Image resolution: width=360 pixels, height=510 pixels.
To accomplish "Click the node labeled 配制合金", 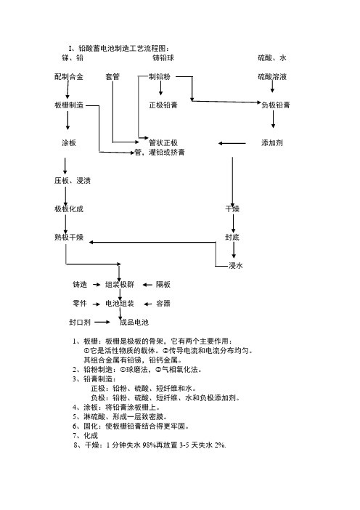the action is point(69,77).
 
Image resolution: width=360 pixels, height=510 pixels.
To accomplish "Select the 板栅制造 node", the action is point(69,105).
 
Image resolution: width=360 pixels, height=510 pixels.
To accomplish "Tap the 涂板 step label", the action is point(69,143).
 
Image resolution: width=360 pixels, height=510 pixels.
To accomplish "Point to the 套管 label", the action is point(112,77).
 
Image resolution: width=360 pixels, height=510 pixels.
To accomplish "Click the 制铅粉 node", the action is point(160,77).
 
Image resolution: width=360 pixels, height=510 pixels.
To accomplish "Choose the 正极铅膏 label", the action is point(163,105).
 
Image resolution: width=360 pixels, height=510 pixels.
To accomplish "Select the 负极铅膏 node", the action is point(276,105).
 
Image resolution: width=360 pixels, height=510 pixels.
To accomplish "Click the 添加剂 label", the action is point(272,143).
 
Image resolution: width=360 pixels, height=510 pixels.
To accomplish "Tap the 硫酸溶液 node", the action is point(272,77).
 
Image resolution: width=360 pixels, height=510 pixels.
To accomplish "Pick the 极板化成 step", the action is point(69,209).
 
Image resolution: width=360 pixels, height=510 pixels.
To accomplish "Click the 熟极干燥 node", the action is point(69,237).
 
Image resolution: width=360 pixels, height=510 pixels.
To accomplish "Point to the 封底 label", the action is point(232,237).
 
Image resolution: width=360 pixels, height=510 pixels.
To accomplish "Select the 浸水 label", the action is point(236,265).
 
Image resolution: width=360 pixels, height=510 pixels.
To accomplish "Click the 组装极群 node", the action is point(120,285).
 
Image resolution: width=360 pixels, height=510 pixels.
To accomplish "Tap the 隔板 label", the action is point(163,285).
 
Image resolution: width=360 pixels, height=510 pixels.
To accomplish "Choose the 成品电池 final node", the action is point(134,323).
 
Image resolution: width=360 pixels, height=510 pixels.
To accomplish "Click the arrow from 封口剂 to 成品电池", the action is point(102,323).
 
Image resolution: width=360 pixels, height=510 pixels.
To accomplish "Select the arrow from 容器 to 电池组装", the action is point(148,304).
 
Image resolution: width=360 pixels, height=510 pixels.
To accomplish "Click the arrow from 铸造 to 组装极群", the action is point(97,285).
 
